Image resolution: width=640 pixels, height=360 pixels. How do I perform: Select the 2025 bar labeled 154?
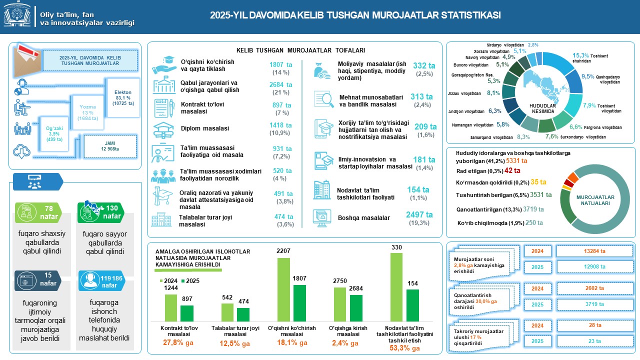tap(412, 304)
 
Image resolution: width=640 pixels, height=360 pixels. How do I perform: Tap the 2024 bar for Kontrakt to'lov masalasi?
tap(171, 307)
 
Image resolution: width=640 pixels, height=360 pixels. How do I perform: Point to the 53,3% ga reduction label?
tap(405, 348)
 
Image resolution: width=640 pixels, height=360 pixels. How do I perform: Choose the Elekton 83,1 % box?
tap(122, 98)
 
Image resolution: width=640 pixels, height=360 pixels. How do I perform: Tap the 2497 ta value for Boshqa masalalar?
tap(419, 215)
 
